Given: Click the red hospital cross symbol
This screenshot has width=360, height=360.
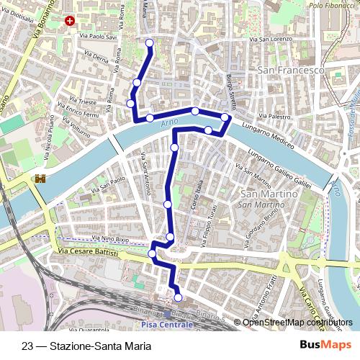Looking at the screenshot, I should [x=69, y=22].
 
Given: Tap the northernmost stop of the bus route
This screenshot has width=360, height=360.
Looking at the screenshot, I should [x=150, y=43].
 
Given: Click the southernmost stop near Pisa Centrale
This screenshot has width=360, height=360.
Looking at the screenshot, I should [x=178, y=297].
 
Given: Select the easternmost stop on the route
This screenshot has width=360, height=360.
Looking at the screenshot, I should [x=225, y=117].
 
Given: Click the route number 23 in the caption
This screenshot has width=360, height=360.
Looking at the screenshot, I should [x=27, y=346].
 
